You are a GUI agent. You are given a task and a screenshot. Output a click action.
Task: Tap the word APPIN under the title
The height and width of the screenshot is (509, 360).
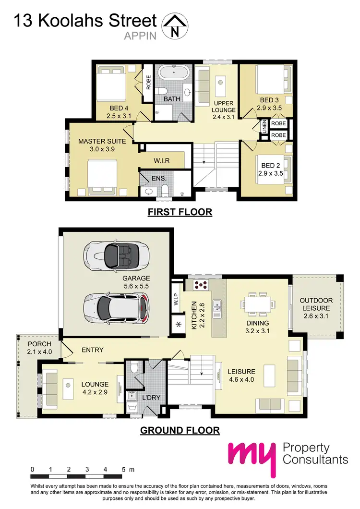140,35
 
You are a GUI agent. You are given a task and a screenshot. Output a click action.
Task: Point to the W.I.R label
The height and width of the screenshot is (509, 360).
162,160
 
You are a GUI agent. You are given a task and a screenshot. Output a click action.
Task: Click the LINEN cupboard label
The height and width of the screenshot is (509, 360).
264,127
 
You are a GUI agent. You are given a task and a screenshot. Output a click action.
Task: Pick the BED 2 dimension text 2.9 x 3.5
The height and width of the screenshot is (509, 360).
270,173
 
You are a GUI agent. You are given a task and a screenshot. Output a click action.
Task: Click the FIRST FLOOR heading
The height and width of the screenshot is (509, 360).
180,212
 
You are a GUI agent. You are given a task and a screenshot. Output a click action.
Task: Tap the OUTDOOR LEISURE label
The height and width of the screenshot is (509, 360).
316,304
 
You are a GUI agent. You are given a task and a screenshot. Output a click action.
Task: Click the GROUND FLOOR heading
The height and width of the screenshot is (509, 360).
180,430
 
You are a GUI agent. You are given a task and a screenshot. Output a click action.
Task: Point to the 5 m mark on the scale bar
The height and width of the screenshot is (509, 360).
125,469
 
